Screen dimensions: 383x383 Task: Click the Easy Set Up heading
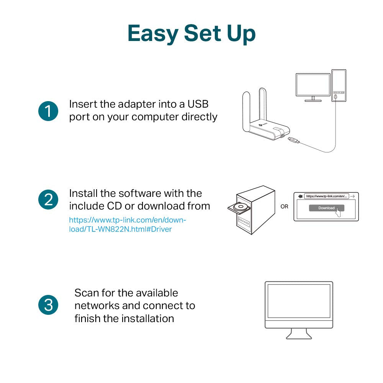pyautogui.click(x=191, y=34)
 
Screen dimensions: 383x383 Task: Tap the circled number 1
pyautogui.click(x=48, y=111)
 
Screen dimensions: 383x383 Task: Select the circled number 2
pyautogui.click(x=48, y=200)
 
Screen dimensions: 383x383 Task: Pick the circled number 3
pyautogui.click(x=48, y=305)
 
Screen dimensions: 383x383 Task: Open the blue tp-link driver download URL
pyautogui.click(x=127, y=225)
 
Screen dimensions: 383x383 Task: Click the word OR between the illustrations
pyautogui.click(x=284, y=206)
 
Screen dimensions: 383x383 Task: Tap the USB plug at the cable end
pyautogui.click(x=293, y=141)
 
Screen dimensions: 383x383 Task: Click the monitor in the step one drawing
pyautogui.click(x=313, y=85)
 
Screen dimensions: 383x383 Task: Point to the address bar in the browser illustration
pyautogui.click(x=326, y=196)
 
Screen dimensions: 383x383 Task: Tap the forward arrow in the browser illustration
pyautogui.click(x=352, y=196)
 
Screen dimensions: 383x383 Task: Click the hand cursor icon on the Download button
pyautogui.click(x=339, y=212)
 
